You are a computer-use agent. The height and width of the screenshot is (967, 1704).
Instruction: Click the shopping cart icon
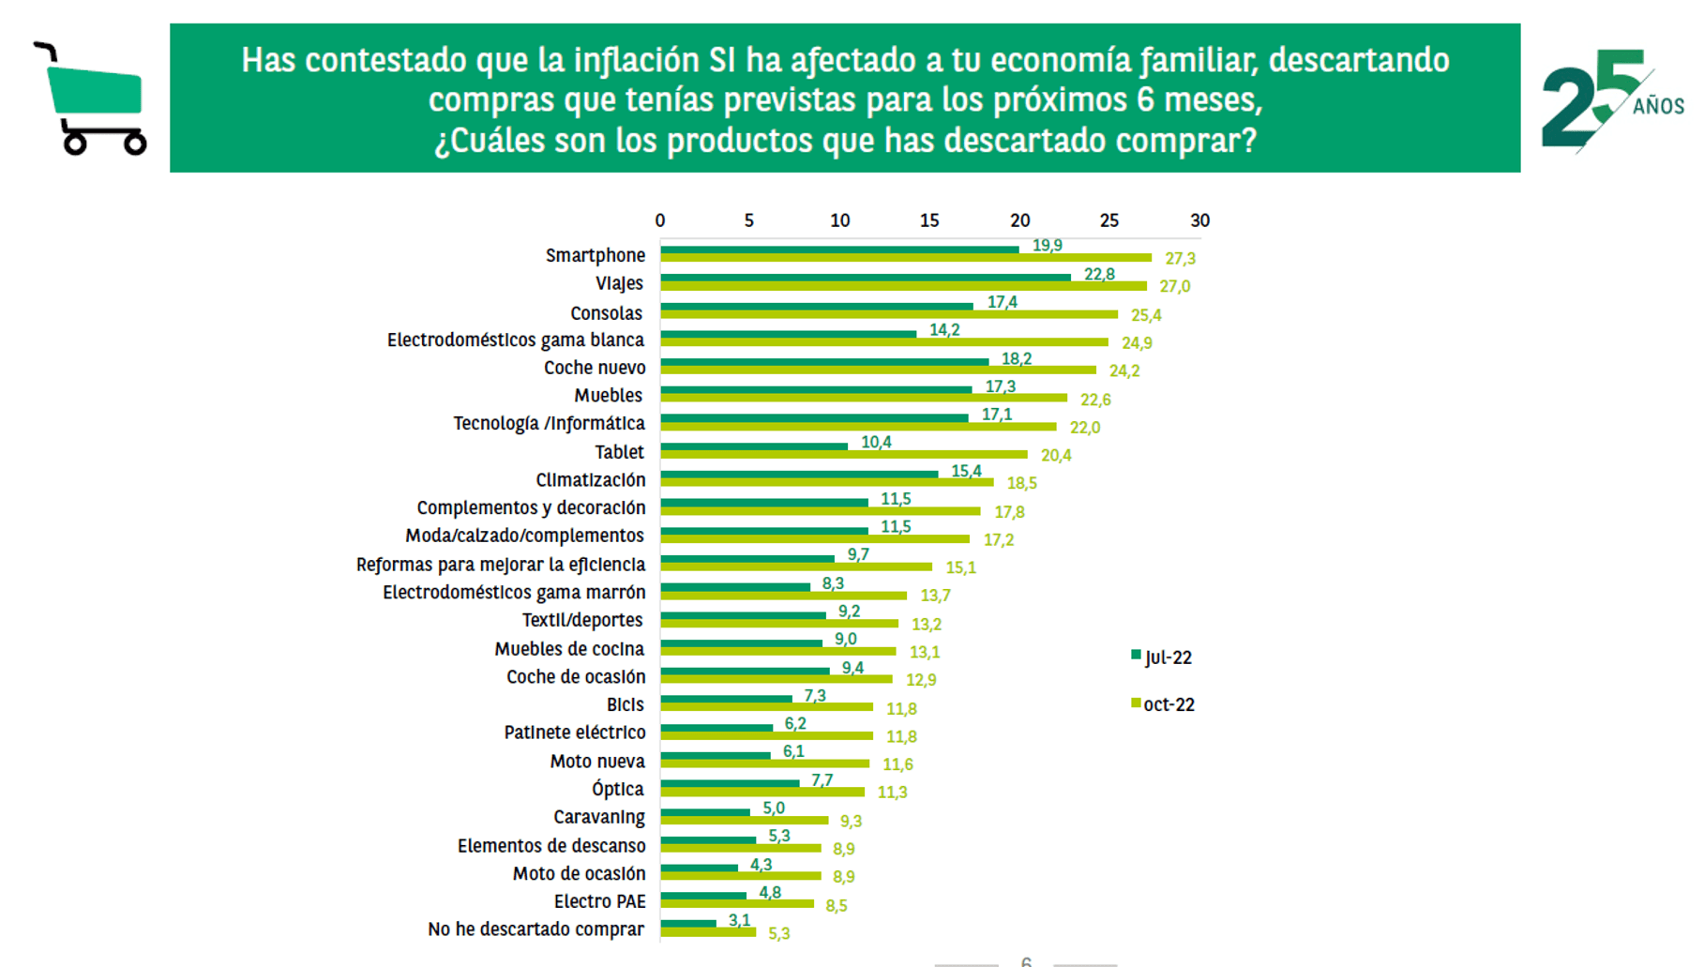pyautogui.click(x=91, y=99)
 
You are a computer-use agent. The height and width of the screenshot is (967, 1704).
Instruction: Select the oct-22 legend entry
pyautogui.click(x=1163, y=704)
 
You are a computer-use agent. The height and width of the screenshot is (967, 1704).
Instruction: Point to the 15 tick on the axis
pyautogui.click(x=928, y=220)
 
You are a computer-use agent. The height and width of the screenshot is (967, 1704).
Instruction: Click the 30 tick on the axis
pyautogui.click(x=1199, y=220)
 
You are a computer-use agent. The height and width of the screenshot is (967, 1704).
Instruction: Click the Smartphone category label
pyautogui.click(x=596, y=255)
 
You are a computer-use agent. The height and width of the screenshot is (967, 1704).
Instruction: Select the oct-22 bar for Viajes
pyautogui.click(x=902, y=286)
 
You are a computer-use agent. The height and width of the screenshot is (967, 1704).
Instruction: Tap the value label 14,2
pyautogui.click(x=944, y=330)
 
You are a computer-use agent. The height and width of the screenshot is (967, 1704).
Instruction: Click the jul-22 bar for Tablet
pyautogui.click(x=754, y=446)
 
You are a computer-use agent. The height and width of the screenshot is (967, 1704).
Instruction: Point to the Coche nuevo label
pyautogui.click(x=595, y=368)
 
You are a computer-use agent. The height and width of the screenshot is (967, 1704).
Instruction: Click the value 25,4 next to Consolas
pyautogui.click(x=1146, y=315)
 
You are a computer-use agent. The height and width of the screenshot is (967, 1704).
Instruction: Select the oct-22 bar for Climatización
pyautogui.click(x=826, y=482)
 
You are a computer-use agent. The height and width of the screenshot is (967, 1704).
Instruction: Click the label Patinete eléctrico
pyautogui.click(x=575, y=733)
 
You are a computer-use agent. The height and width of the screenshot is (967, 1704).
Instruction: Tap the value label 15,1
pyautogui.click(x=960, y=567)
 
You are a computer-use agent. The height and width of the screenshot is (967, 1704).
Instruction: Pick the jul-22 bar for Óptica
pyautogui.click(x=730, y=783)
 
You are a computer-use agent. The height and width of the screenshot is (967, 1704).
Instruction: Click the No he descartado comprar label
pyautogui.click(x=535, y=929)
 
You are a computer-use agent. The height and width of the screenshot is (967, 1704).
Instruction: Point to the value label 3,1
pyautogui.click(x=739, y=920)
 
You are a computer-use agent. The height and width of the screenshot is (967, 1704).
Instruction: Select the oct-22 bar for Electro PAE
pyautogui.click(x=737, y=903)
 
